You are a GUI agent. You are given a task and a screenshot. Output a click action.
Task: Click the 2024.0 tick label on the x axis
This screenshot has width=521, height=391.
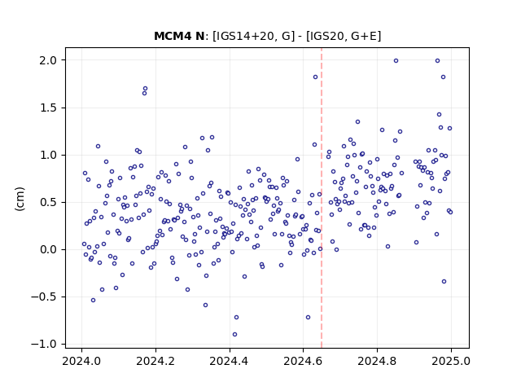click(x=81, y=361)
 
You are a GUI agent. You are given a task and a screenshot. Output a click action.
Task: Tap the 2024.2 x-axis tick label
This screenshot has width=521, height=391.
click(x=155, y=361)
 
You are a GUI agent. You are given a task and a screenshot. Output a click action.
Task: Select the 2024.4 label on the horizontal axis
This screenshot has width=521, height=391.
click(x=230, y=361)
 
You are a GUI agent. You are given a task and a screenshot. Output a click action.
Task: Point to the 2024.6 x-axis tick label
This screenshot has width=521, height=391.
click(x=303, y=361)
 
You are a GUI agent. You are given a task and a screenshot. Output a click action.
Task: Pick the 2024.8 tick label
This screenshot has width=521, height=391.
click(x=377, y=361)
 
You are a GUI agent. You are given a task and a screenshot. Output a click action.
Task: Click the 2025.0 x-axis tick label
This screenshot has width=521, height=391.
click(x=451, y=361)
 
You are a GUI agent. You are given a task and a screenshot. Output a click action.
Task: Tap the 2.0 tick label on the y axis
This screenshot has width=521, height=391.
click(x=48, y=60)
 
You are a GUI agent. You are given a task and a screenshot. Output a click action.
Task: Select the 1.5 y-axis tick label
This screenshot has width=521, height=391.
click(x=48, y=108)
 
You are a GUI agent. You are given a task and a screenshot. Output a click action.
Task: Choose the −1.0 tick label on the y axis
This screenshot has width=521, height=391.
click(x=44, y=344)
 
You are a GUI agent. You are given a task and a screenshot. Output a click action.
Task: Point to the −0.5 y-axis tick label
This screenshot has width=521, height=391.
click(x=44, y=297)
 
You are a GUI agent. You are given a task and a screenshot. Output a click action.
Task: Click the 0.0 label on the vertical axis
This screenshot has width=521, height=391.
click(x=48, y=249)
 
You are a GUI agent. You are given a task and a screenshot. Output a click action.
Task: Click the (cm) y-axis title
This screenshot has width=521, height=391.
click(x=20, y=199)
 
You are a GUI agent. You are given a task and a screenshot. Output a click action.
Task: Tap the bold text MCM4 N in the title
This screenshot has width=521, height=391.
click(x=179, y=36)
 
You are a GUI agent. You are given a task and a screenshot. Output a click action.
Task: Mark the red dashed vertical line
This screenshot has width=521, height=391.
click(x=322, y=198)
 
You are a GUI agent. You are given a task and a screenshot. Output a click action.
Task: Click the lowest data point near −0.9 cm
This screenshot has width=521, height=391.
click(x=234, y=335)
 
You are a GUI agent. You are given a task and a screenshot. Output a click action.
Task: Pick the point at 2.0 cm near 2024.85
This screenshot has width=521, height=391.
click(x=396, y=61)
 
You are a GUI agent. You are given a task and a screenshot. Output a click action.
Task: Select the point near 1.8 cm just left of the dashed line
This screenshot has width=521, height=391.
click(x=315, y=77)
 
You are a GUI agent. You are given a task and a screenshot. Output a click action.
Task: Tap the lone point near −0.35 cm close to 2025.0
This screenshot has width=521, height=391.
click(x=444, y=282)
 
